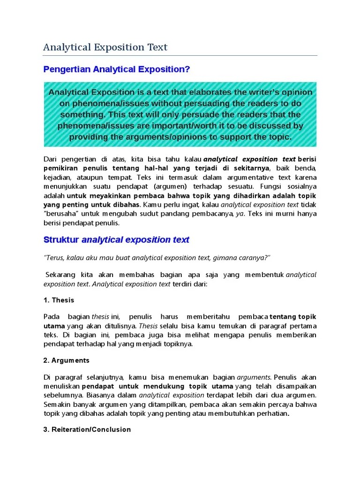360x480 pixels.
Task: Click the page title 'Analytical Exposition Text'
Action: click(x=105, y=47)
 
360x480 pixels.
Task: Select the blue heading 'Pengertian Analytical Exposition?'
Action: click(x=117, y=69)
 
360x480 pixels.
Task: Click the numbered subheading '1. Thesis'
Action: click(x=59, y=300)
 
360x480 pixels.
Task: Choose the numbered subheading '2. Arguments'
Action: click(x=67, y=360)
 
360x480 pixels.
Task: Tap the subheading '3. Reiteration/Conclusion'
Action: click(x=87, y=429)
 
